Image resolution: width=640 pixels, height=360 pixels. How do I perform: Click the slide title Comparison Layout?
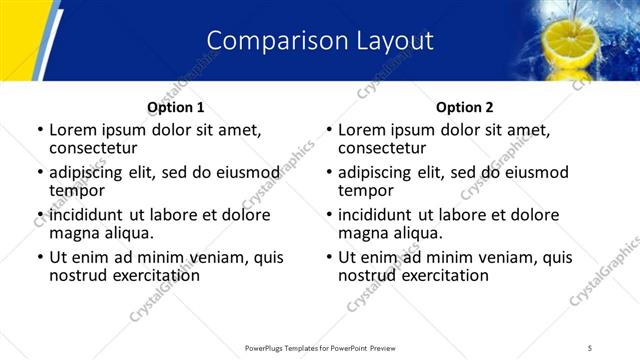tap(320, 41)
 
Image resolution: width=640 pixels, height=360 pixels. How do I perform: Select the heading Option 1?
tap(175, 107)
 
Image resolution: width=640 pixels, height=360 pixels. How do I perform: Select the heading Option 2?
tap(464, 107)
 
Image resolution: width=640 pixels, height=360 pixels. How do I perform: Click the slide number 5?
tap(591, 347)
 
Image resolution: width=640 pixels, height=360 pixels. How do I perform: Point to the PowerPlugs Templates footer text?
tap(320, 347)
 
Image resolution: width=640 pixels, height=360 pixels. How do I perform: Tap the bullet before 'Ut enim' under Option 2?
tap(329, 257)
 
